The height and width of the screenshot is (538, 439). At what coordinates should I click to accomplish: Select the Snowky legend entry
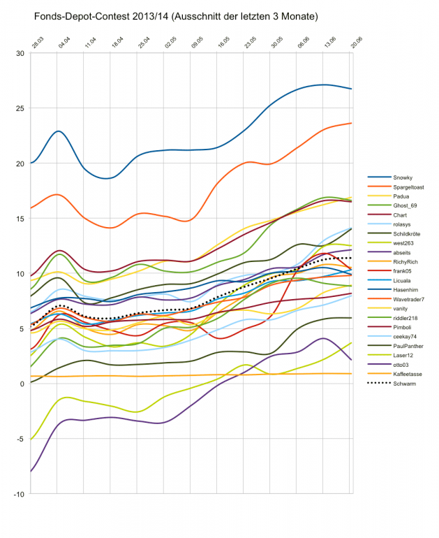(x=403, y=177)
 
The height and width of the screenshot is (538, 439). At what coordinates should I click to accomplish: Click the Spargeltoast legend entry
(x=408, y=187)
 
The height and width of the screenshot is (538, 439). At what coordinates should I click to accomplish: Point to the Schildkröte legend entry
(x=408, y=234)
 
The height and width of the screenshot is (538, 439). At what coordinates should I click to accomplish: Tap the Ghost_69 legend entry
(x=405, y=205)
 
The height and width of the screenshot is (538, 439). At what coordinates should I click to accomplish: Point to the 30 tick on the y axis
(x=20, y=53)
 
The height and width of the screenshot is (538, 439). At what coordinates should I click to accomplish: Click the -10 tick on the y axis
(x=19, y=494)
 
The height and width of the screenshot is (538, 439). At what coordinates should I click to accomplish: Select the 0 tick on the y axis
(x=22, y=384)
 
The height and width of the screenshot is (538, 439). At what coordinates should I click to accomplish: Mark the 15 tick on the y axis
(x=20, y=219)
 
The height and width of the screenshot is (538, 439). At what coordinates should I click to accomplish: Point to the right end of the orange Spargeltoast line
(x=351, y=123)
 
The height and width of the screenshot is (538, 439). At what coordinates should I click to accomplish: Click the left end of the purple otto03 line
(x=31, y=472)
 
